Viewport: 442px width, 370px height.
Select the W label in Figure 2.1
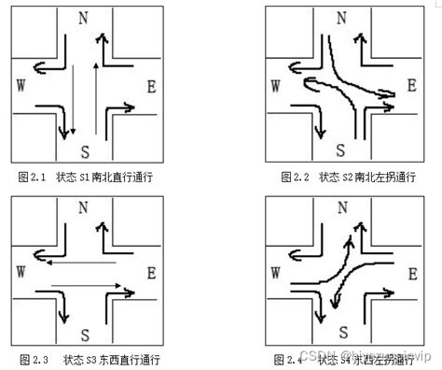coord(21,85)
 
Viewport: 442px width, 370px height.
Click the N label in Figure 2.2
coord(341,18)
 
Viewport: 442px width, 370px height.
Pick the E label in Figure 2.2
coord(411,86)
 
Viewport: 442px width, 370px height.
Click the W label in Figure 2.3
coord(21,271)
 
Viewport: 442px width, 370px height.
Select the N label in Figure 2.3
coord(85,206)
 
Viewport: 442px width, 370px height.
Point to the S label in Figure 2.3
coord(85,334)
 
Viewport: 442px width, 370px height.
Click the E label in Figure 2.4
coord(411,272)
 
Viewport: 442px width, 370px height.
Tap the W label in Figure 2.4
coord(276,272)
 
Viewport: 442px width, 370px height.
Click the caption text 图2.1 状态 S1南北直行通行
coord(85,177)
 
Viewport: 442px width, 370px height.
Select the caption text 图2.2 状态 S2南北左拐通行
coord(348,177)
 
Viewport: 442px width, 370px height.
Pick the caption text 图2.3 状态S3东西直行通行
coord(90,360)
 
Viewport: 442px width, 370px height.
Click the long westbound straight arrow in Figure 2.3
coord(84,263)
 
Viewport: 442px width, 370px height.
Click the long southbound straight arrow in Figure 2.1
coord(74,103)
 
